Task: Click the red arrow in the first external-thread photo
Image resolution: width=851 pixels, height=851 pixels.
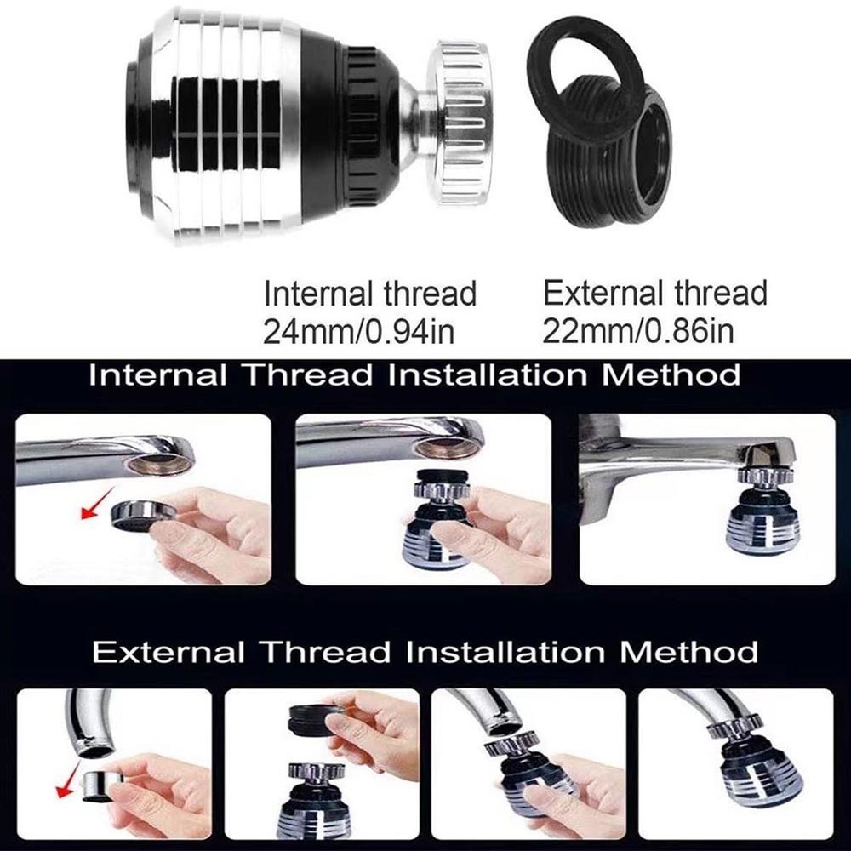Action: click(65, 788)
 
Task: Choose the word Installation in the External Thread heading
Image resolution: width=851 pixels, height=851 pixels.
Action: click(504, 653)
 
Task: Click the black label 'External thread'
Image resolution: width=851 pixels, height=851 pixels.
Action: click(654, 294)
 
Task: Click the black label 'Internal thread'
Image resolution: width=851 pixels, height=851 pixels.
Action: click(369, 294)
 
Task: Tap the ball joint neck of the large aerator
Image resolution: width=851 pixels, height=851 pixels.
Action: click(412, 119)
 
